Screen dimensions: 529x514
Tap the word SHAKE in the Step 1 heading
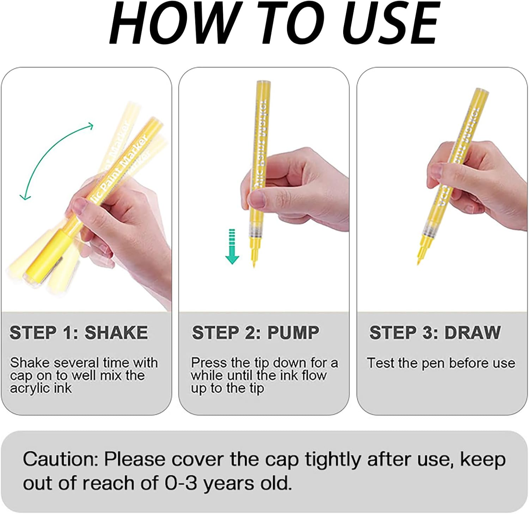click(x=116, y=332)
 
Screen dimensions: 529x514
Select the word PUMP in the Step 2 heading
click(x=293, y=332)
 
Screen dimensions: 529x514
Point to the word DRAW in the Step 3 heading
click(x=473, y=332)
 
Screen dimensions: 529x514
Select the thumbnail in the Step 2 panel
click(x=257, y=197)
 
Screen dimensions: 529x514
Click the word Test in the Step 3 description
click(x=380, y=363)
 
